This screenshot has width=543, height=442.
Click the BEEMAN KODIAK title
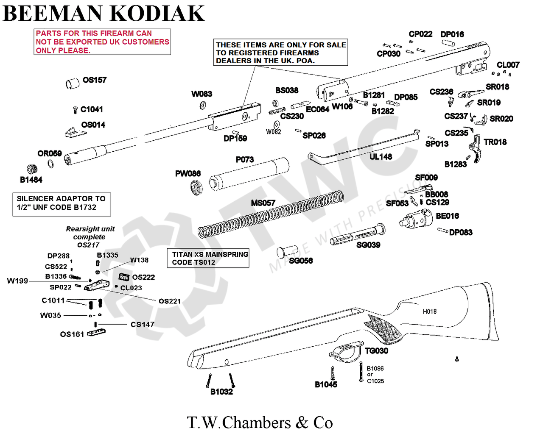(104, 13)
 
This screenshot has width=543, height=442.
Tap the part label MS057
(263, 203)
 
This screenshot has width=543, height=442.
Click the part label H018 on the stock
(429, 311)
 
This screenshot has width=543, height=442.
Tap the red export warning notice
(102, 42)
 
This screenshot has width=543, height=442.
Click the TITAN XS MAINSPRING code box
(208, 258)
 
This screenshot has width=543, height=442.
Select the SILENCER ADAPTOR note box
(62, 203)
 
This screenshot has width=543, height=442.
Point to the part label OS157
(95, 80)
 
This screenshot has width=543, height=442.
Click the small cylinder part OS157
(73, 83)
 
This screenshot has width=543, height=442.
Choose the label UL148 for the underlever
(381, 157)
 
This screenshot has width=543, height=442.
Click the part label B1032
(221, 392)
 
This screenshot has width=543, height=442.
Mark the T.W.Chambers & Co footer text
(260, 423)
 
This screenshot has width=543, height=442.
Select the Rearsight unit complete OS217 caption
(90, 236)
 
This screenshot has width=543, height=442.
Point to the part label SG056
(301, 261)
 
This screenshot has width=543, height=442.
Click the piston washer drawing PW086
(196, 187)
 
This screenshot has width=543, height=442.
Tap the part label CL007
(508, 65)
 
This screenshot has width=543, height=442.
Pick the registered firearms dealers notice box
(280, 53)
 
